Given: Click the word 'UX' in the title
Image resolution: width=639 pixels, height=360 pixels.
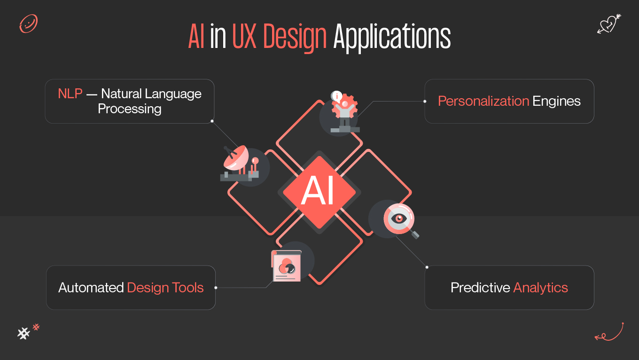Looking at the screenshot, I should point(245,37).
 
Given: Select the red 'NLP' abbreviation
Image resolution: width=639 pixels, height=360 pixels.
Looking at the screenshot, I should point(70,94).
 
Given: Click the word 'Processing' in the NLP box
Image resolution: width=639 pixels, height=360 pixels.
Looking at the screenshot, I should point(130,109).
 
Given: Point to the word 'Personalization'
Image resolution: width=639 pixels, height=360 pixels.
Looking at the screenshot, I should point(483,101).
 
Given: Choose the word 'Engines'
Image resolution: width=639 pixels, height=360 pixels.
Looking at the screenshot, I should point(556,102).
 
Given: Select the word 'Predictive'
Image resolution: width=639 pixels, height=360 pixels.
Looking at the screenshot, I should point(480,288).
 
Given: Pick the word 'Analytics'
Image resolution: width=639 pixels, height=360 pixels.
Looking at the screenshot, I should point(541,288).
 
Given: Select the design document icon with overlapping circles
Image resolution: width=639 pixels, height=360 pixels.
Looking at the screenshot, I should point(286,266).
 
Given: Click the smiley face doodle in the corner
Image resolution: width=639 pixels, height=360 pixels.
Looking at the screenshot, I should point(28,23).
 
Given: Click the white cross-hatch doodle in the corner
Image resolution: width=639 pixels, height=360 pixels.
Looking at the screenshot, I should point(23,333).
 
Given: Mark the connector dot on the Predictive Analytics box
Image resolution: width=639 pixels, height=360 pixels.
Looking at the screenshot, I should point(427,267).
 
